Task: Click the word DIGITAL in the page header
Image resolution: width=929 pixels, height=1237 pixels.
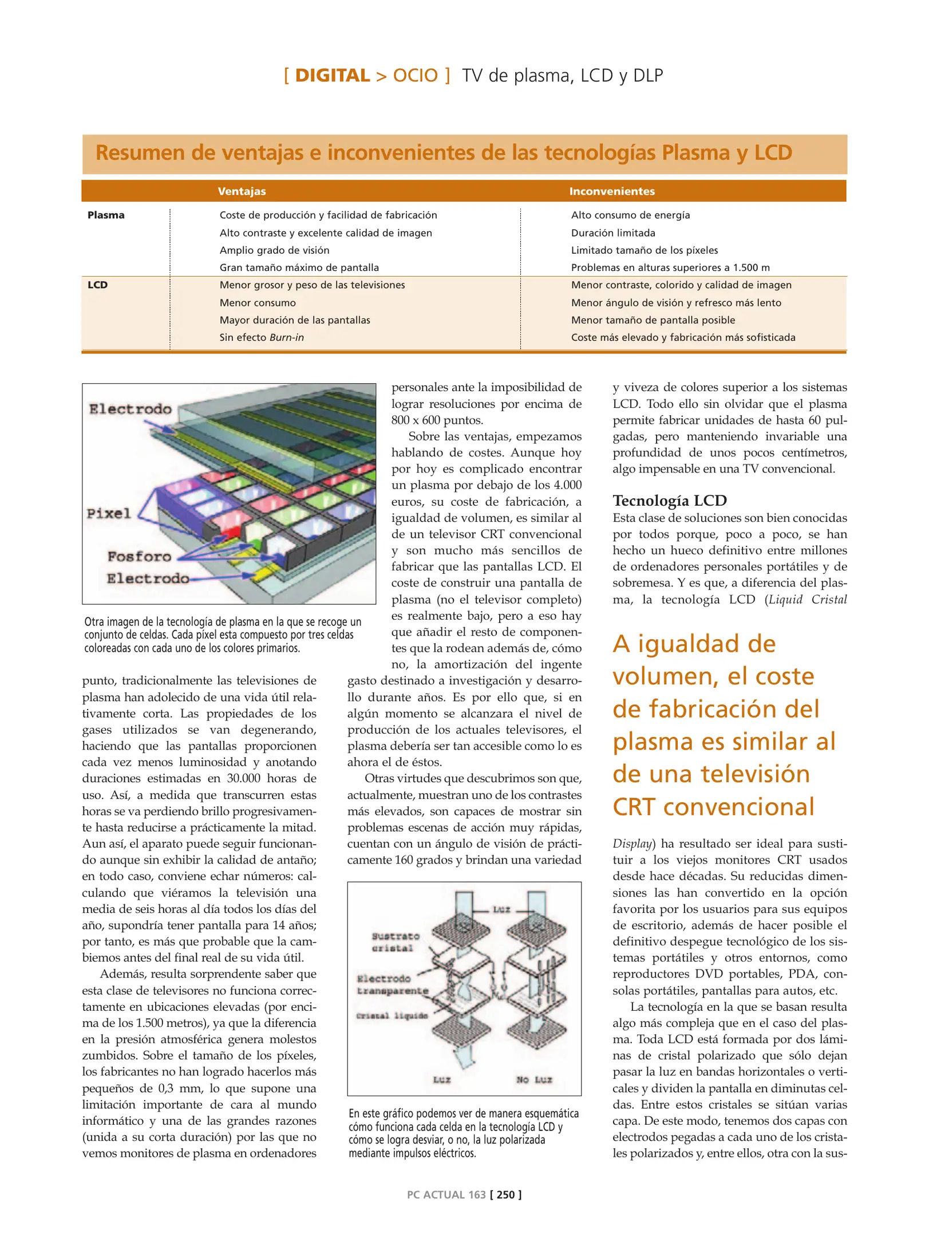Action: (x=332, y=76)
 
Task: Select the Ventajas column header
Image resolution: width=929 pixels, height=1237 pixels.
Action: (x=242, y=191)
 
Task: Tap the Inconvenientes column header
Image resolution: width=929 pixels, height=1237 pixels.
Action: (x=611, y=191)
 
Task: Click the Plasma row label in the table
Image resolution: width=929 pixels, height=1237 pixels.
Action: (x=106, y=215)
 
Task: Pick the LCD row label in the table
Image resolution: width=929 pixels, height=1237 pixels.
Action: (x=97, y=285)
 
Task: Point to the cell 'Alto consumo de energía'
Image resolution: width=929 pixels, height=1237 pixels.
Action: (x=630, y=215)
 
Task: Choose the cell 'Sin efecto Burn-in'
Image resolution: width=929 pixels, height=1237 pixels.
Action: (x=262, y=338)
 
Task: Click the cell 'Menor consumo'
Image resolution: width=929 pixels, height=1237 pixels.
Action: (x=258, y=303)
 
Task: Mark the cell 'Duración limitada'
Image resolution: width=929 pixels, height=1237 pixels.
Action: (x=613, y=233)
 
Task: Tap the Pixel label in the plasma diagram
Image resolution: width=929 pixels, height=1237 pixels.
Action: (x=109, y=513)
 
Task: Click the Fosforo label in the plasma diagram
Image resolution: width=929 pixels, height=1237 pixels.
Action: (x=139, y=557)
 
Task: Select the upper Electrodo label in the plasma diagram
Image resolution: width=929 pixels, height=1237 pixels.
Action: (x=130, y=409)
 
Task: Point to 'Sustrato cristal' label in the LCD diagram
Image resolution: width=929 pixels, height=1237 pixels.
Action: (x=395, y=942)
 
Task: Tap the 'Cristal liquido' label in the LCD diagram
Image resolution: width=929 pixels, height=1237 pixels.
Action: (x=392, y=1016)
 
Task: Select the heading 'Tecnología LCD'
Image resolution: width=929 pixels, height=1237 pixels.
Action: (x=669, y=501)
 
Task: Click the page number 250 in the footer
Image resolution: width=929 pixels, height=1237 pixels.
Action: (x=505, y=1195)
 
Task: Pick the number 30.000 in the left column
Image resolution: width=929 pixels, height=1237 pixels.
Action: (x=243, y=778)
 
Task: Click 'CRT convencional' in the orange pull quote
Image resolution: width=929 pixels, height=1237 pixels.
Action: (x=713, y=807)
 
